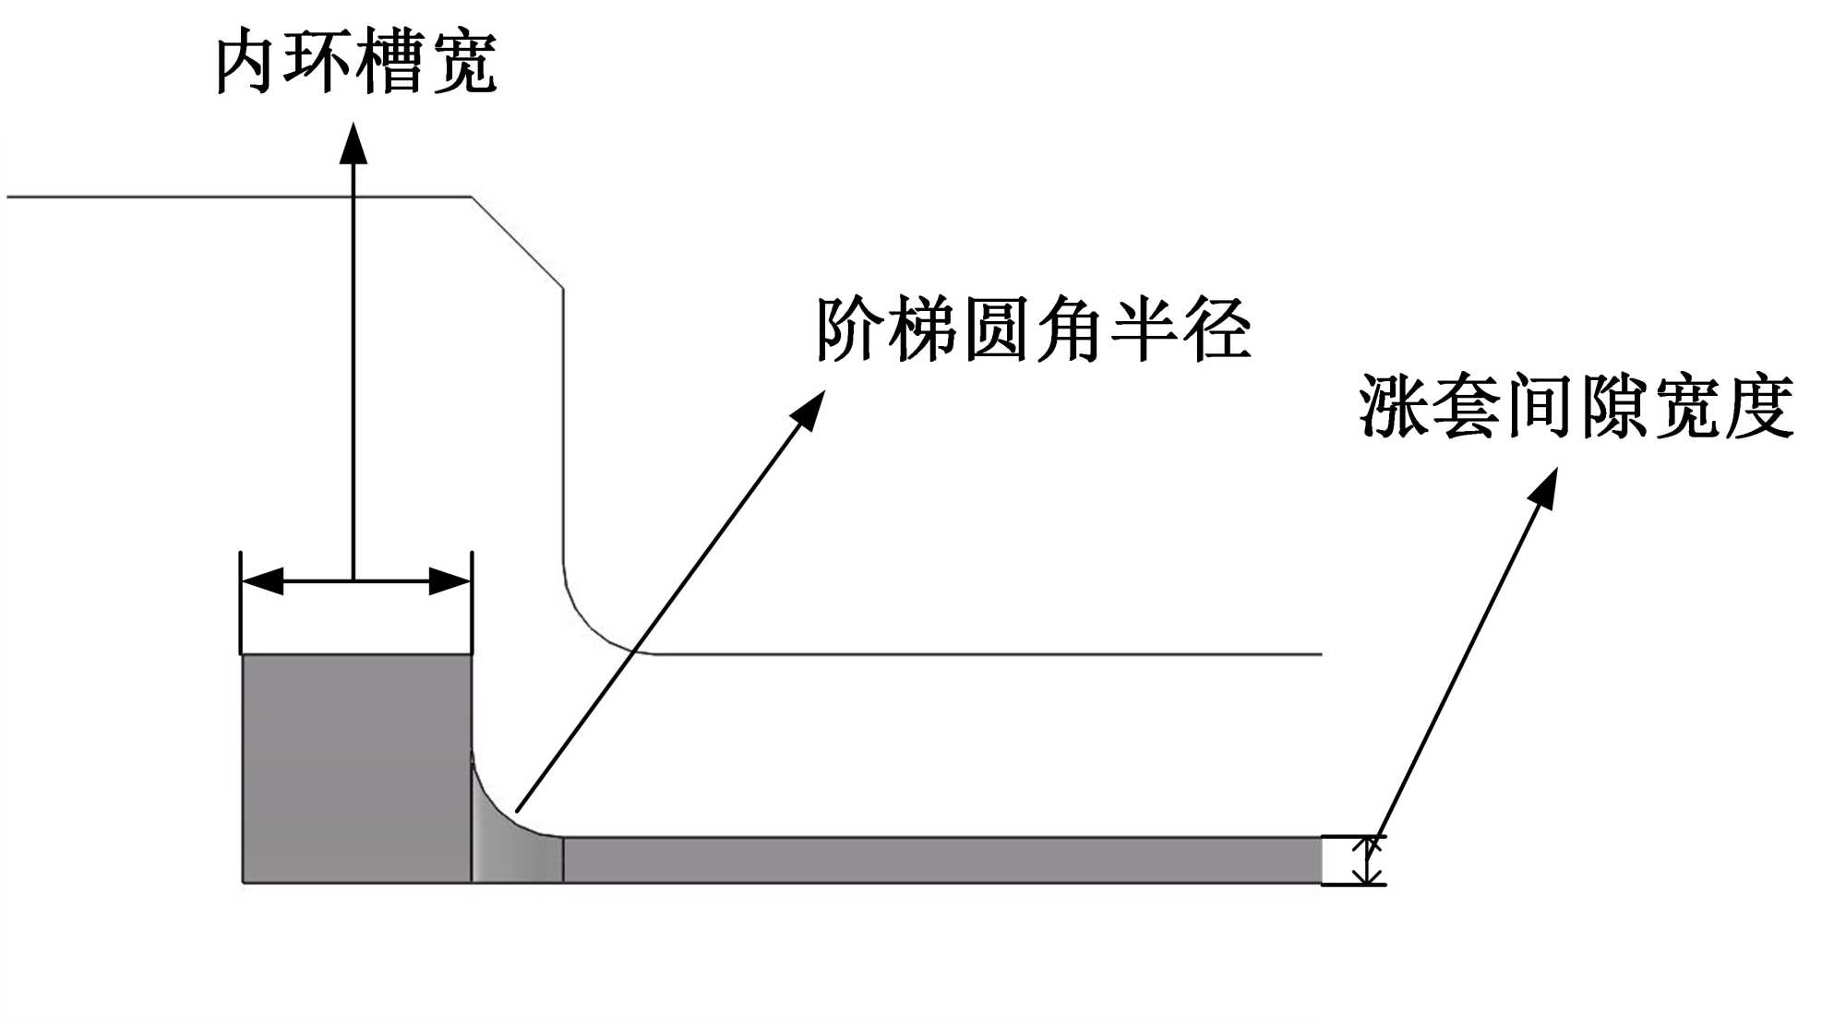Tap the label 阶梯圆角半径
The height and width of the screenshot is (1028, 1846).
point(1033,329)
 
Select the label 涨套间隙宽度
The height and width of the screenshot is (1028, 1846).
point(1576,406)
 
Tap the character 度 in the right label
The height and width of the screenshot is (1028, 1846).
point(1759,406)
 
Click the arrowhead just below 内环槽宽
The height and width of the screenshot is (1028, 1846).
point(354,143)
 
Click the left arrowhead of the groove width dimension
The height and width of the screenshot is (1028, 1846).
point(262,581)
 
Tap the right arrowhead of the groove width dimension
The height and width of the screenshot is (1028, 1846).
point(450,581)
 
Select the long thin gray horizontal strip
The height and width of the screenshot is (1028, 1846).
point(941,860)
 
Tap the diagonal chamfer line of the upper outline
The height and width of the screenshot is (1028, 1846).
point(518,243)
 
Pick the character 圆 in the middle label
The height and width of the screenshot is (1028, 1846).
point(997,329)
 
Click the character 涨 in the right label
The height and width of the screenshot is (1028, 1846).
point(1393,406)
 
